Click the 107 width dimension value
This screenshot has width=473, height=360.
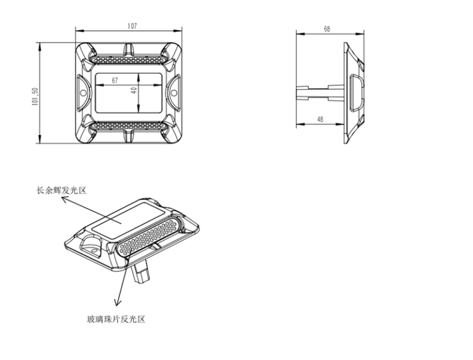tap(132, 26)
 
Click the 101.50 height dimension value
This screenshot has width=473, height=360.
tap(34, 97)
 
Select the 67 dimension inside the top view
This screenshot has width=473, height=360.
tap(115, 81)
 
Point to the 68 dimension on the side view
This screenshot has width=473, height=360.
tap(327, 29)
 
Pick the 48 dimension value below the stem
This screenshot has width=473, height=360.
tap(320, 119)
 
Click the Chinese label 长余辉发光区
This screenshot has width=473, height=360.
tap(61, 191)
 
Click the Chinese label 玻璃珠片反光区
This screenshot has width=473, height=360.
tap(116, 319)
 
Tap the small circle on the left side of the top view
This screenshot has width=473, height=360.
tap(83, 92)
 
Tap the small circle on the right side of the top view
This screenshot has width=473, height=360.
tap(174, 92)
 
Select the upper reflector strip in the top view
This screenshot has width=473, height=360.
tap(129, 60)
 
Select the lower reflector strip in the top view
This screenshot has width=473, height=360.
tap(129, 126)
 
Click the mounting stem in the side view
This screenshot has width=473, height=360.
tap(320, 92)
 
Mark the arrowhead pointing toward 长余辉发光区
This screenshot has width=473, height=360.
tap(64, 199)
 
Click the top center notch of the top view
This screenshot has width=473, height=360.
tap(129, 49)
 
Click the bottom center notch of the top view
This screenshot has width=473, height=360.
tap(129, 136)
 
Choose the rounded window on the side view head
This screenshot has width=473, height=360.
tap(357, 93)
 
